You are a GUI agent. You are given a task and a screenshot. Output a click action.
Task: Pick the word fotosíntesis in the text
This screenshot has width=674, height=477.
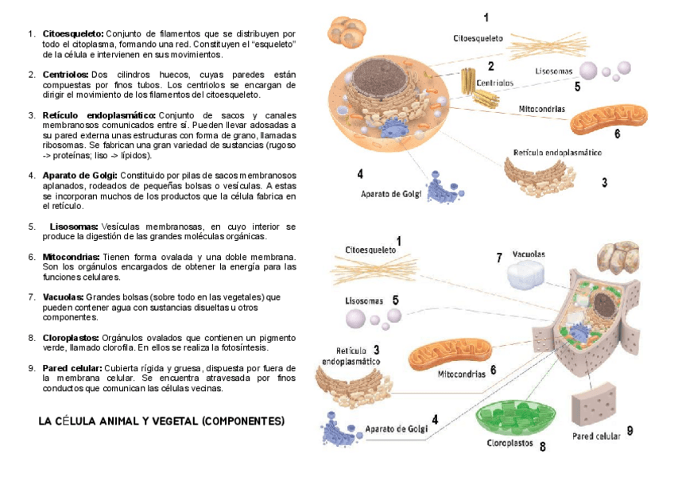pyautogui.click(x=248, y=347)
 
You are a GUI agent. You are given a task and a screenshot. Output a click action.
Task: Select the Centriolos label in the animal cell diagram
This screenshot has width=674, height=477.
pyautogui.click(x=494, y=82)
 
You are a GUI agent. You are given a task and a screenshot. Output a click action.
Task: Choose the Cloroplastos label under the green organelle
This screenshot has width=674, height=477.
pyautogui.click(x=509, y=444)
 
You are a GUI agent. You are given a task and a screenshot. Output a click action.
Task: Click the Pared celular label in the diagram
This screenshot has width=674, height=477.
pyautogui.click(x=596, y=436)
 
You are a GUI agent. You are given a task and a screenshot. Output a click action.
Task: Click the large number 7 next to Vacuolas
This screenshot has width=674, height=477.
pyautogui.click(x=499, y=258)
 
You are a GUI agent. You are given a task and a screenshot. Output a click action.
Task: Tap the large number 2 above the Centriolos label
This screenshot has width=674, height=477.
pyautogui.click(x=491, y=67)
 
